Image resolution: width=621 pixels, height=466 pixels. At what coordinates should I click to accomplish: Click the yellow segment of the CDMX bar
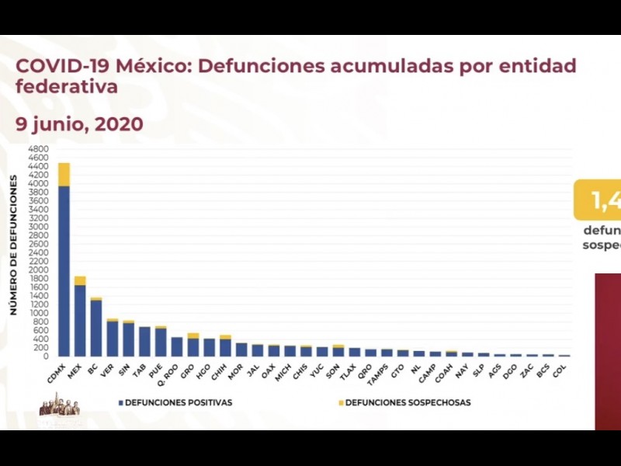click(x=64, y=174)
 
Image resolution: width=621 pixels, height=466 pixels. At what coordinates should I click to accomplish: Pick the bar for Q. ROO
click(x=177, y=346)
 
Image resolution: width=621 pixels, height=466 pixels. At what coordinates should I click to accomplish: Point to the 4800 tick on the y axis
click(x=38, y=148)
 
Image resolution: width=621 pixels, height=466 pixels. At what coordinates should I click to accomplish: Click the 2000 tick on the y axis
click(x=38, y=270)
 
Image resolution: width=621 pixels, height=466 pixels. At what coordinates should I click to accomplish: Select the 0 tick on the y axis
click(x=46, y=356)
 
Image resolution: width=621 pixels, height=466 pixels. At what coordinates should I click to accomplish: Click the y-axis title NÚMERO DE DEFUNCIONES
click(x=14, y=245)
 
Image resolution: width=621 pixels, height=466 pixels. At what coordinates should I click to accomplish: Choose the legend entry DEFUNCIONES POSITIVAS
click(x=175, y=402)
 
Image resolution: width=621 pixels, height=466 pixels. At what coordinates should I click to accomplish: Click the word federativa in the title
click(x=67, y=86)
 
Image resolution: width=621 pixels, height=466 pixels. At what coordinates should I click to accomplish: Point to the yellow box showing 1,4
click(x=598, y=200)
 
